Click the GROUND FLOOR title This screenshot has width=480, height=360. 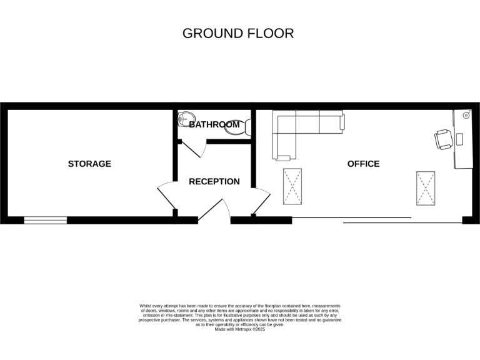point(238,34)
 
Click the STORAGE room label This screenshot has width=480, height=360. point(89,164)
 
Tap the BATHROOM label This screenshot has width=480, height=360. point(214,124)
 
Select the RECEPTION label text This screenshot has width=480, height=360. point(214,182)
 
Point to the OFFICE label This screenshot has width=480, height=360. point(363,164)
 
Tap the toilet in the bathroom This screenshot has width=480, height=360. point(247,127)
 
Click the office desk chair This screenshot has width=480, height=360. point(443,139)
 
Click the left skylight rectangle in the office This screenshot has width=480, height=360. point(292,186)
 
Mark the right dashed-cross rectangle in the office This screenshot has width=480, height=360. point(426,188)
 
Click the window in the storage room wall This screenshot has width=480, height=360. point(46,220)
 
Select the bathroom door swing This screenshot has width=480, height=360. point(197,147)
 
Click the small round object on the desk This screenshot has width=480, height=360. point(466,116)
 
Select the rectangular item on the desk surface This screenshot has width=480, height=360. point(460,138)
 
